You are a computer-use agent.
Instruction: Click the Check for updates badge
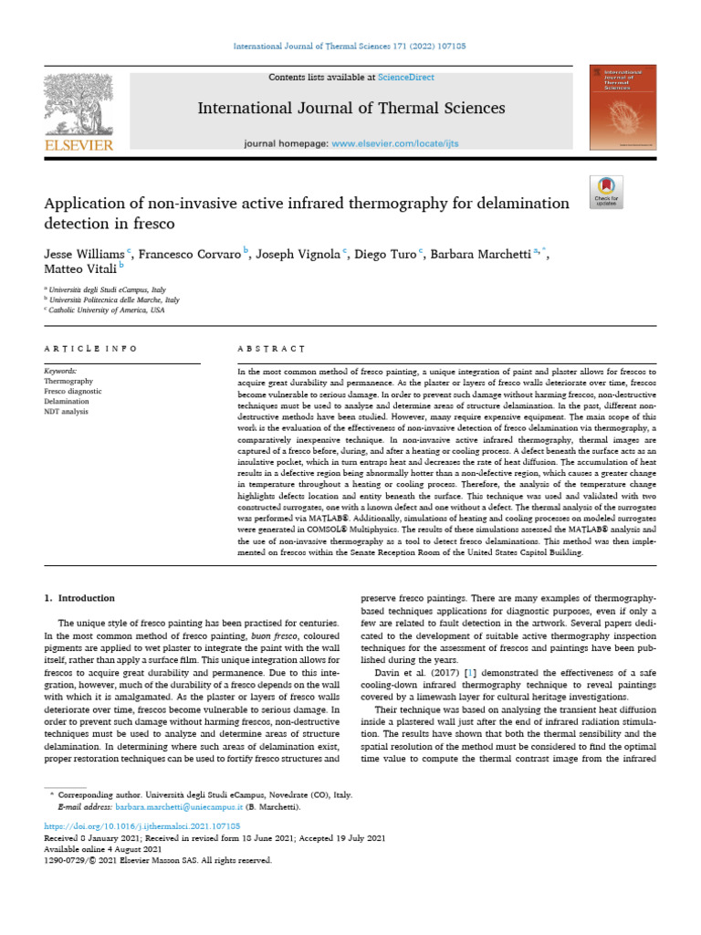coord(606,189)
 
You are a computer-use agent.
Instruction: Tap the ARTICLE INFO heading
coord(90,349)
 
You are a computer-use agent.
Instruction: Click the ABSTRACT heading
coord(269,349)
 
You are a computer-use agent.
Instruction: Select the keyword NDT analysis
coord(67,413)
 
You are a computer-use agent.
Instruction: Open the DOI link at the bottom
coord(136,825)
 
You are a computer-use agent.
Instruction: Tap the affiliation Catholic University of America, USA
coord(108,310)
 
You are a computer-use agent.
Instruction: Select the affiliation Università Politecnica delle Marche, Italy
coord(115,299)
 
